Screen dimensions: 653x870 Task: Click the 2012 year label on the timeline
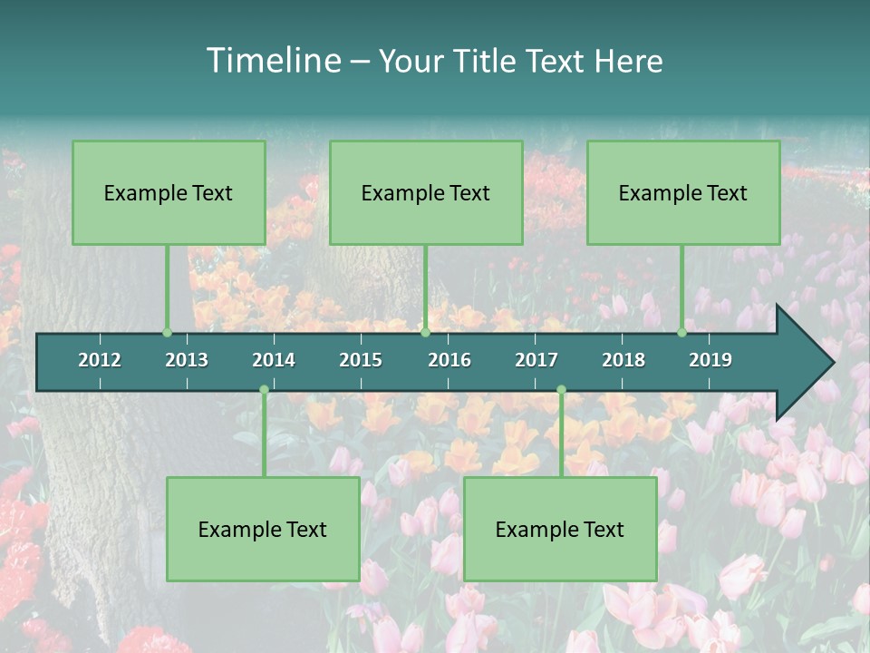click(100, 360)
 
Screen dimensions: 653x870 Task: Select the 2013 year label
click(187, 360)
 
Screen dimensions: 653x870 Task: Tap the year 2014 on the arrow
click(274, 360)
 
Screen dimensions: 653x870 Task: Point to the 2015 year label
click(361, 360)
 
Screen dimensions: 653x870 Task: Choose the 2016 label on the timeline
click(449, 360)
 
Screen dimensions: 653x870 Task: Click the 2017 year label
click(536, 360)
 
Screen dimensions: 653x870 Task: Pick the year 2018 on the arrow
click(623, 360)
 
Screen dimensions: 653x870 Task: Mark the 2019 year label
click(710, 360)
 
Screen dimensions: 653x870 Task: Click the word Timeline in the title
click(272, 61)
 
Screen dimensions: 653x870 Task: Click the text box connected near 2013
click(169, 192)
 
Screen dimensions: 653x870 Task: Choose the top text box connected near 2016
click(426, 192)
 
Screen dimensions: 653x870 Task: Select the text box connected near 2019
click(683, 192)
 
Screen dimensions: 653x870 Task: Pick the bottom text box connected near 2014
click(263, 529)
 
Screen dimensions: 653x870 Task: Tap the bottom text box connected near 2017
click(560, 529)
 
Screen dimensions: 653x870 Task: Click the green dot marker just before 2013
click(167, 333)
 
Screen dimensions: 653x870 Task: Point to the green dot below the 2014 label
click(264, 390)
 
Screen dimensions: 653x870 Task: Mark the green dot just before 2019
click(681, 333)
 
